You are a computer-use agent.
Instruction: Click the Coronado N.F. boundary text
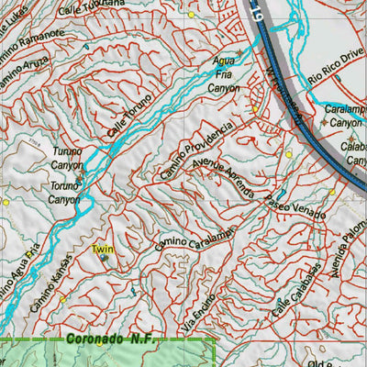pos(110,339)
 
